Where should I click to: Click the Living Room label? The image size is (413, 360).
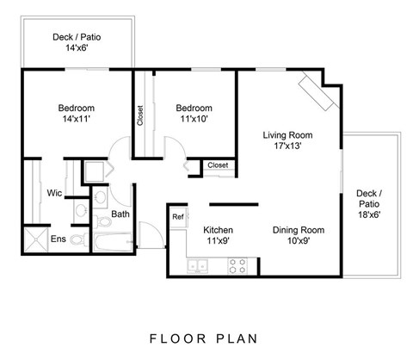(x=287, y=141)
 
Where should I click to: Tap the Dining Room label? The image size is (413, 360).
(x=298, y=236)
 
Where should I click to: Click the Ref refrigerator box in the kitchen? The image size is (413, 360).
(x=178, y=217)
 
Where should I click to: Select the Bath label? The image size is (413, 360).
(x=120, y=214)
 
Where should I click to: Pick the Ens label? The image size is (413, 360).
(x=58, y=239)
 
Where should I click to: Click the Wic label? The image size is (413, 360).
(x=53, y=192)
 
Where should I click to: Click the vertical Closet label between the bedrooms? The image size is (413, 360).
(x=141, y=115)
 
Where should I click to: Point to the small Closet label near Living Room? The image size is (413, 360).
(x=218, y=164)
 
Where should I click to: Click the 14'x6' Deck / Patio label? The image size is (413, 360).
(x=75, y=43)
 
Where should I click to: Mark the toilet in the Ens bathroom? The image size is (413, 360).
(x=77, y=239)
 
